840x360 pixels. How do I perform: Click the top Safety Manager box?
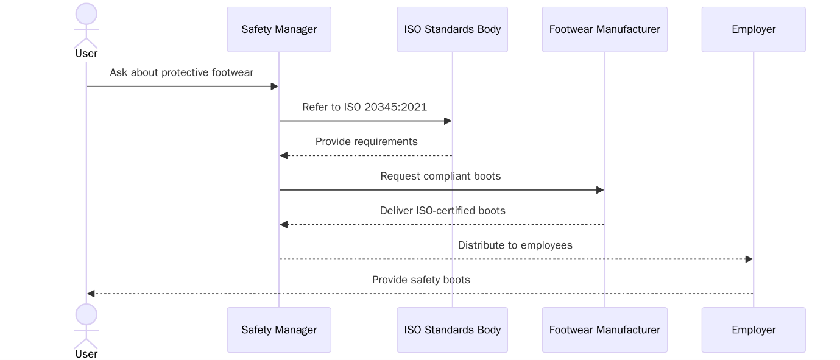coord(279,29)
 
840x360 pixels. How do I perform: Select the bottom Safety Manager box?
coord(279,330)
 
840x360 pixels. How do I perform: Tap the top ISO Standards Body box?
coord(452,29)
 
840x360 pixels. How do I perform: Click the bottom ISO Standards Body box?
coord(452,330)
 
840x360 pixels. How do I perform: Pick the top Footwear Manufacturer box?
coord(604,29)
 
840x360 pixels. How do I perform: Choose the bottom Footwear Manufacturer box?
coord(604,330)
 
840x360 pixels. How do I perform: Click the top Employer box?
coord(753,29)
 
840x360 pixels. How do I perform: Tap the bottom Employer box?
coord(753,330)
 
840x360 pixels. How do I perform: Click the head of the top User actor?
coord(86,14)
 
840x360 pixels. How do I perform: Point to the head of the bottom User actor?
coord(86,314)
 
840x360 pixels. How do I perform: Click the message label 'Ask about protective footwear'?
coord(182,72)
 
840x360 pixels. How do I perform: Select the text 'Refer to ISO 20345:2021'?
coord(364,107)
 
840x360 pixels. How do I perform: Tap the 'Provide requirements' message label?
coord(366,141)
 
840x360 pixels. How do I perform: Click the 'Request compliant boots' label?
coord(440,176)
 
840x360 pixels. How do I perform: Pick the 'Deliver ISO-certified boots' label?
coord(442,211)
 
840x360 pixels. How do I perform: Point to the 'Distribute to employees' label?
coord(515,245)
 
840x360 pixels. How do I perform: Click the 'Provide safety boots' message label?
coord(421,280)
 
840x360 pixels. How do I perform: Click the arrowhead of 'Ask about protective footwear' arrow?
coord(274,86)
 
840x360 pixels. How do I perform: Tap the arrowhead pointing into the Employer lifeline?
coord(749,259)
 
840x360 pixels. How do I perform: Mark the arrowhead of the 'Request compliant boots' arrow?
coord(599,190)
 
